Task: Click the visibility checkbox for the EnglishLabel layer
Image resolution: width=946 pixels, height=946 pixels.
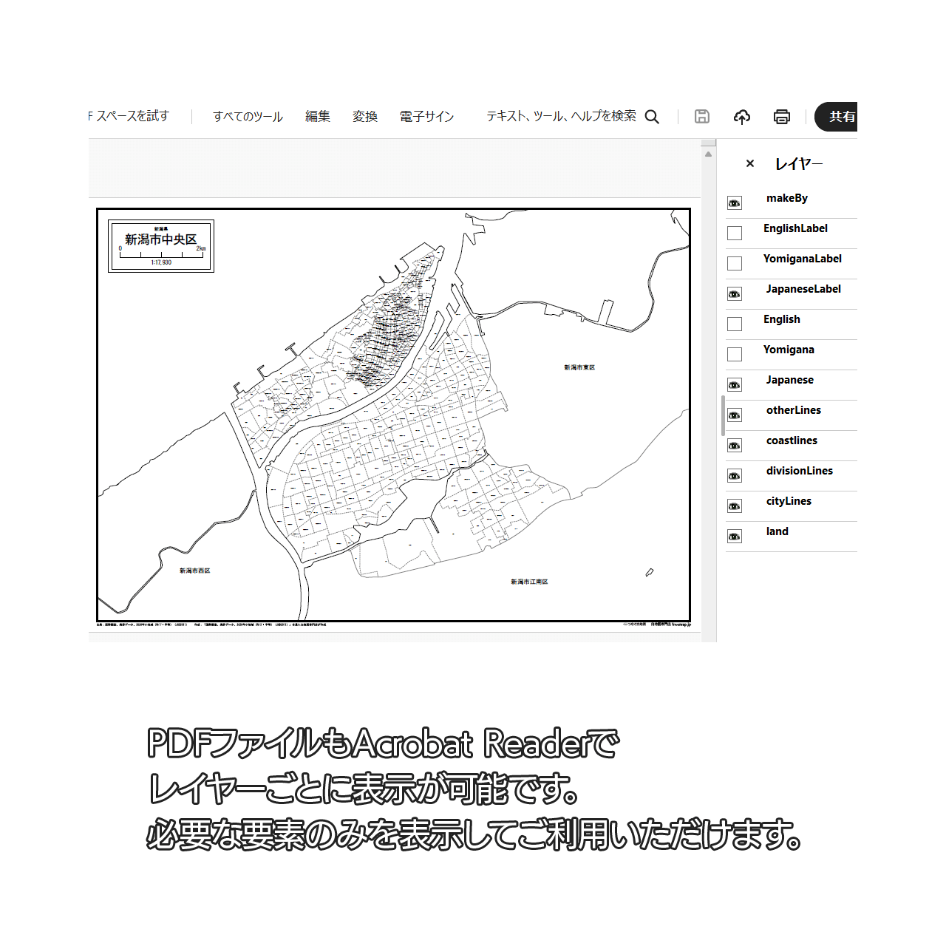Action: tap(735, 234)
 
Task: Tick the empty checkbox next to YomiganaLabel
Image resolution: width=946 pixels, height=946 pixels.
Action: tap(735, 264)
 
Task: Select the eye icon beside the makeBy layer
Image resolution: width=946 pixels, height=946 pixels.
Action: tap(735, 203)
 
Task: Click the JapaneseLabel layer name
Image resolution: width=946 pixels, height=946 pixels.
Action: tap(803, 289)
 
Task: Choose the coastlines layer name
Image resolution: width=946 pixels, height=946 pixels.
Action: tap(792, 440)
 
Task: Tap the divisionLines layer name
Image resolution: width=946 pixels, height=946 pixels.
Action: tap(799, 471)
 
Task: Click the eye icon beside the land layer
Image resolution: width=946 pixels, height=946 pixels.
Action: tap(735, 537)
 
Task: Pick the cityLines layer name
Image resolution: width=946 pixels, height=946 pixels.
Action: tap(789, 501)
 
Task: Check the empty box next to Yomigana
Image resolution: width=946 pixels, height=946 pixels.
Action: tap(735, 355)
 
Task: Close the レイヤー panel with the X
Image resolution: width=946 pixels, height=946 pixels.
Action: tap(750, 163)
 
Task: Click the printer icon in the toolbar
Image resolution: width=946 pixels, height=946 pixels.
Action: tap(782, 117)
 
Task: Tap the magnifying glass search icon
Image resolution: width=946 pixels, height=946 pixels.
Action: tap(652, 117)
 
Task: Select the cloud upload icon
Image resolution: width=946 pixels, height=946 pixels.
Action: tap(742, 117)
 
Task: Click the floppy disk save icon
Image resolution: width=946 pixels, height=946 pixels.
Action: tap(702, 117)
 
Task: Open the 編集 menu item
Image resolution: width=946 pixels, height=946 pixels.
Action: tap(318, 117)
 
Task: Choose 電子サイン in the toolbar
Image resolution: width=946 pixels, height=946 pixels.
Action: tap(426, 117)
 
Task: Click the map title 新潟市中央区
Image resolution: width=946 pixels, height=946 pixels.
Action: tap(161, 239)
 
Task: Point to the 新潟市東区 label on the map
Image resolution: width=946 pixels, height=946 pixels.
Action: tap(579, 367)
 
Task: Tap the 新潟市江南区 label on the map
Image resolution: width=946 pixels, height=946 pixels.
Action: tap(529, 582)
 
